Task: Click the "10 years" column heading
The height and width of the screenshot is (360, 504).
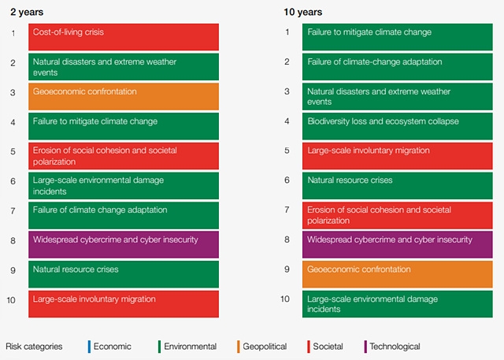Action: pyautogui.click(x=302, y=12)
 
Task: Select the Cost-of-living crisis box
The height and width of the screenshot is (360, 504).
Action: pyautogui.click(x=124, y=37)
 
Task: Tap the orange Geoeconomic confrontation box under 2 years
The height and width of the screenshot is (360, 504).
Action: pyautogui.click(x=124, y=96)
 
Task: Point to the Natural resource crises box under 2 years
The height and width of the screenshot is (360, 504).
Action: pyautogui.click(x=124, y=273)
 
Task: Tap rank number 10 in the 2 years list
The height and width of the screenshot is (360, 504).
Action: pyautogui.click(x=11, y=299)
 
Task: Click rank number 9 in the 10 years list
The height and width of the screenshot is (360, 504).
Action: pyautogui.click(x=287, y=269)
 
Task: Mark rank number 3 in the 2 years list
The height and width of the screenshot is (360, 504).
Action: pyautogui.click(x=12, y=92)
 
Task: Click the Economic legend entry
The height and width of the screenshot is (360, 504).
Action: pyautogui.click(x=111, y=347)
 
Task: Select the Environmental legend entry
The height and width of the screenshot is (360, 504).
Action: pyautogui.click(x=189, y=347)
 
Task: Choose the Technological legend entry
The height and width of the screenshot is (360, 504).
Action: pyautogui.click(x=394, y=347)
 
